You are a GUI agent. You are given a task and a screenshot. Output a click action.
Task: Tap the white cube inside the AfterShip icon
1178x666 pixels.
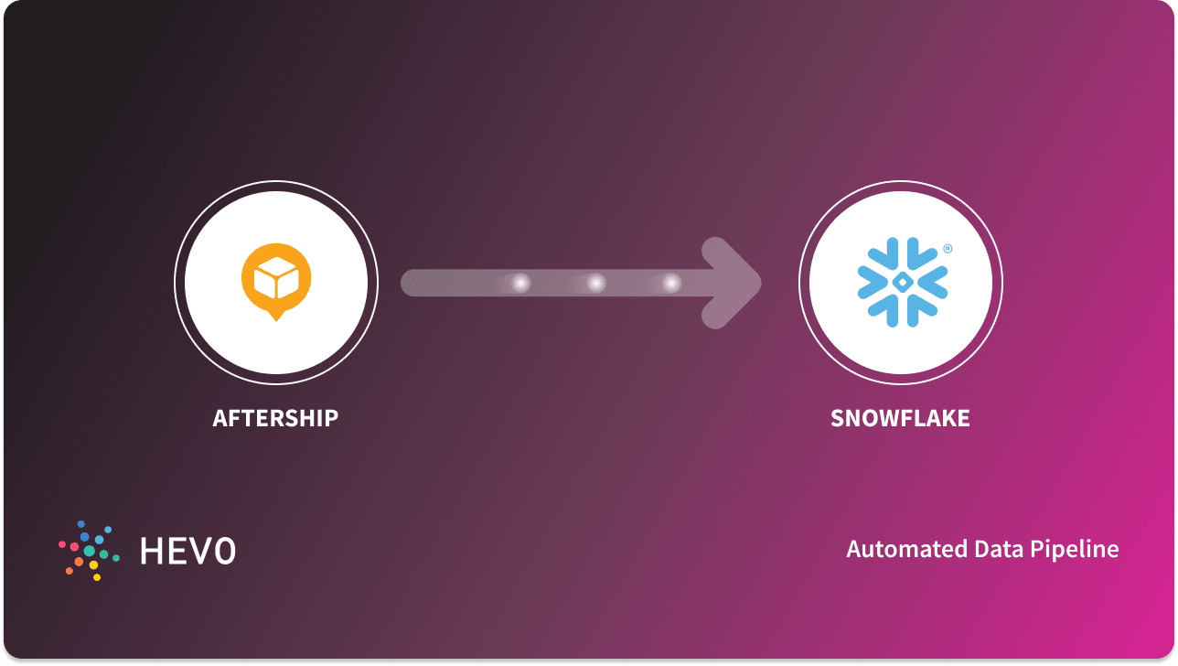[x=276, y=274]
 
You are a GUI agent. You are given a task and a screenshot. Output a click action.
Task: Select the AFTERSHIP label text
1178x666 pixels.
[x=275, y=418]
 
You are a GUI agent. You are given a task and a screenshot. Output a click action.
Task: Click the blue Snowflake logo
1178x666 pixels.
[x=902, y=283]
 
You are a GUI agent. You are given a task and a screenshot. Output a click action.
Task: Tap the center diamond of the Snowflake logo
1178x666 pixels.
[x=902, y=283]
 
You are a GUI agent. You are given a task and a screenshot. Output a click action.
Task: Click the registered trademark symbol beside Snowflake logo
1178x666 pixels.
[x=948, y=248]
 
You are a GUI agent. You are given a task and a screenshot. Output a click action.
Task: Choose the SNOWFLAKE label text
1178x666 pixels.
[x=900, y=418]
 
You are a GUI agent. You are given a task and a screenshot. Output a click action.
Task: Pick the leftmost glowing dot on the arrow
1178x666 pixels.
[x=520, y=284]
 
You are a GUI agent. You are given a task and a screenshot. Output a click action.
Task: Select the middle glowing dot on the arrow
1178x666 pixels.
[x=596, y=284]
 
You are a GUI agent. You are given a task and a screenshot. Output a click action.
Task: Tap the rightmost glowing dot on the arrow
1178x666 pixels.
[x=671, y=284]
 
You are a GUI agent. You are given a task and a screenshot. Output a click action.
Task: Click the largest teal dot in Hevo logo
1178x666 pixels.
[x=90, y=551]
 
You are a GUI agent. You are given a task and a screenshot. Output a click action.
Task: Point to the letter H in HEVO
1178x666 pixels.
[x=153, y=550]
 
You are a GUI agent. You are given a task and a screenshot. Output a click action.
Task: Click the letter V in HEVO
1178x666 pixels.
[x=200, y=550]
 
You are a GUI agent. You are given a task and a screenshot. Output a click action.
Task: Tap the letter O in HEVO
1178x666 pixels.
[x=224, y=550]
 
